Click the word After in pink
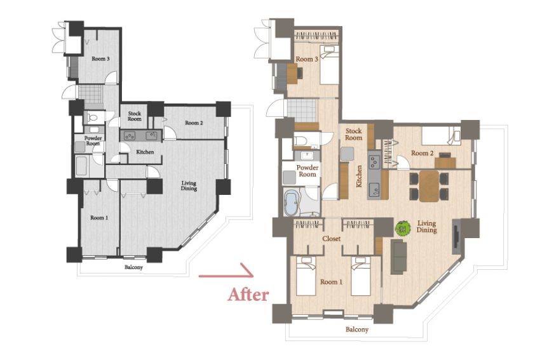[x=248, y=295]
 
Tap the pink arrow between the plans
[x=226, y=272]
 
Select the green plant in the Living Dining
[x=403, y=228]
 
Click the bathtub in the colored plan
[x=292, y=203]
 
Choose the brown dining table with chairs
[x=429, y=186]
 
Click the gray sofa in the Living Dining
[x=398, y=257]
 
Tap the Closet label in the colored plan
[x=331, y=239]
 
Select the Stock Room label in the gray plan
[x=134, y=116]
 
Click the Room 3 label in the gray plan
[x=100, y=59]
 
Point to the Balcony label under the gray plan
[x=133, y=267]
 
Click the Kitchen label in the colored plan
[x=359, y=177]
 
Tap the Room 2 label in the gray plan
[x=194, y=123]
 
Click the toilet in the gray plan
[x=92, y=117]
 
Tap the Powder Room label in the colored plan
[x=307, y=171]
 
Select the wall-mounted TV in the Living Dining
[x=456, y=236]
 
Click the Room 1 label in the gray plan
[x=99, y=218]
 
